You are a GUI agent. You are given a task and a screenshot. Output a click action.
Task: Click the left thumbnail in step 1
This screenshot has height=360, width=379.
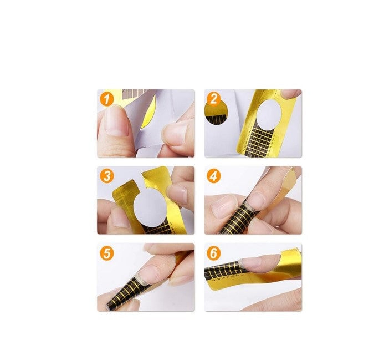(115, 121)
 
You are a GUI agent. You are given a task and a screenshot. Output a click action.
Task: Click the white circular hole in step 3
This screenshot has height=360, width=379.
(148, 205)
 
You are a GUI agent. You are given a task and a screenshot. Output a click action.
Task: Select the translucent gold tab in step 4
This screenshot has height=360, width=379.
(288, 180)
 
